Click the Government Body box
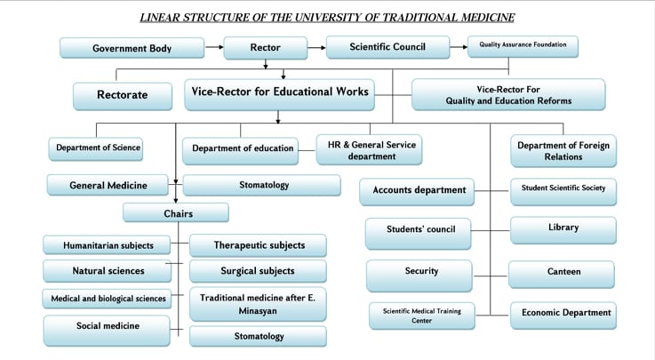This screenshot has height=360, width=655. coord(132,48)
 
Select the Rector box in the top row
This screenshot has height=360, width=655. coord(265,48)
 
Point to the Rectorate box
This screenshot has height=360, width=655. coord(123,94)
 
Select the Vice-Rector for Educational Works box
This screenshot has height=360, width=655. coord(279,92)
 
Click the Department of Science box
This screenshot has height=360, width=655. coord(98,148)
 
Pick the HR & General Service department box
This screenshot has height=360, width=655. coord(366,149)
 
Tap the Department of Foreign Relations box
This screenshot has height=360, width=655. coord(563,151)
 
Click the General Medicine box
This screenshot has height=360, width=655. coord(108,186)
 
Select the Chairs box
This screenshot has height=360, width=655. coord(176,213)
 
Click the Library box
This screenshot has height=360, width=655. coord(563,228)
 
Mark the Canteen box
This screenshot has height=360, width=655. coord(562,272)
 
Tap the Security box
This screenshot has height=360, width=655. coord(419,271)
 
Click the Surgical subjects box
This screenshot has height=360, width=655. coord(258,270)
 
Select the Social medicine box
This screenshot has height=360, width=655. coord(108,327)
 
